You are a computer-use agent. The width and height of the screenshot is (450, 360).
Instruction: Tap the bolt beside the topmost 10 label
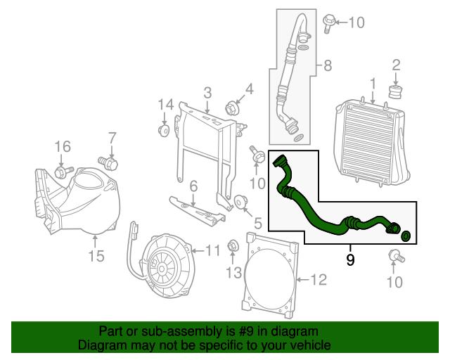point(328,22)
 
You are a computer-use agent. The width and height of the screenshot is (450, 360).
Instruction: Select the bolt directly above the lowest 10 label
point(395,256)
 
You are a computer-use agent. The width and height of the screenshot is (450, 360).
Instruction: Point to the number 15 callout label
point(96,256)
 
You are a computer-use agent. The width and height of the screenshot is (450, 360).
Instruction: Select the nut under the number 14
point(163,131)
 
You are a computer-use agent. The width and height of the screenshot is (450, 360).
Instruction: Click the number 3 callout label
point(207,92)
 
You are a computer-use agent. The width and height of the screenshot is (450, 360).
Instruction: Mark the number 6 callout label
point(193,187)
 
